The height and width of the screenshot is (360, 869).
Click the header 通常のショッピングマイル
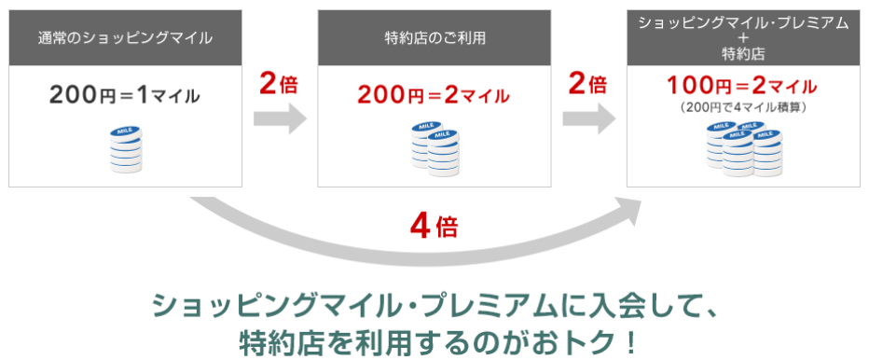(125, 38)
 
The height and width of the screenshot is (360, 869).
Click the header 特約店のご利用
(434, 38)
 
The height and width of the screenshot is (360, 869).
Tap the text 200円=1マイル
(125, 95)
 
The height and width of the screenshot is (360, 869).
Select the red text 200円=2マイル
(434, 95)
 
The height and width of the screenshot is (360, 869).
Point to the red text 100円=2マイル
(743, 88)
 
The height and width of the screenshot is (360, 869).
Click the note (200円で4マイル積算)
(743, 108)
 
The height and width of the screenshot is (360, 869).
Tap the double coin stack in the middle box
(435, 148)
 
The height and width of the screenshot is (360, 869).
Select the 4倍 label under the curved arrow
(434, 226)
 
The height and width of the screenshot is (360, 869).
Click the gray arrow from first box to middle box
(280, 119)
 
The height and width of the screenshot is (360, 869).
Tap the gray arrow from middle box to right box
(588, 119)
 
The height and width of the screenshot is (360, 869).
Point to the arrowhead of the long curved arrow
(628, 211)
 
